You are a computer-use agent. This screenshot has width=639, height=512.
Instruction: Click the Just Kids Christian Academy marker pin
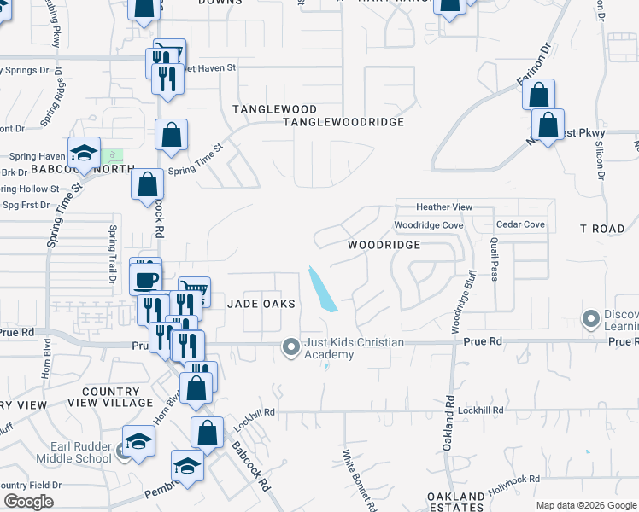click(x=291, y=346)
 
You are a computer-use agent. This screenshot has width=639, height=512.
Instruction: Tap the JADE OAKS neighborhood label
click(x=261, y=304)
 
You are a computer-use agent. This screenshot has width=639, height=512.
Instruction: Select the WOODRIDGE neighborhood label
click(x=384, y=245)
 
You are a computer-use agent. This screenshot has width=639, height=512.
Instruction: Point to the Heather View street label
click(x=444, y=207)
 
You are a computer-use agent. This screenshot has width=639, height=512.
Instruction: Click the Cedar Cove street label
click(x=520, y=225)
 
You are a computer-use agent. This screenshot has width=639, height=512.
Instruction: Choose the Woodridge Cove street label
click(x=429, y=225)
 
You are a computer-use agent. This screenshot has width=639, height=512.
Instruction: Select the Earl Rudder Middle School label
click(x=73, y=451)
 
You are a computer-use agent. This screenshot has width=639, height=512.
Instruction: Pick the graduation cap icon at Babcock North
click(x=85, y=153)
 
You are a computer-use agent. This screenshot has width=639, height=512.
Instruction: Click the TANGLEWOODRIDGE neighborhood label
click(x=343, y=122)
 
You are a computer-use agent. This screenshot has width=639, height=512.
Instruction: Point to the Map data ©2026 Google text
click(x=585, y=505)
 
